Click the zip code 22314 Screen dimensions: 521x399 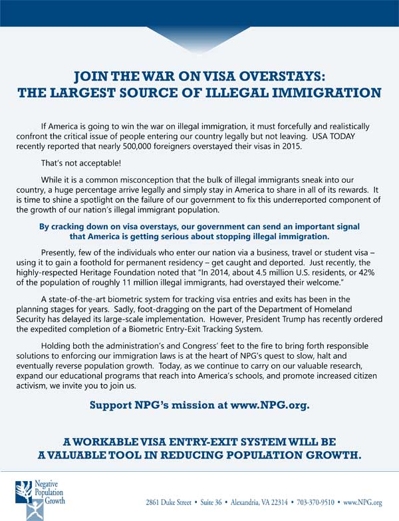tap(275, 503)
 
